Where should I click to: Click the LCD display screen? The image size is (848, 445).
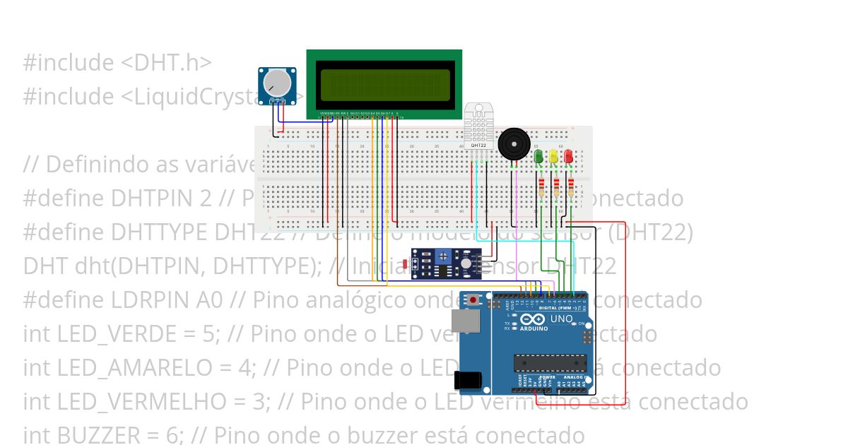point(384,85)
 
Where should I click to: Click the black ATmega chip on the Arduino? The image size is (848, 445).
point(550,362)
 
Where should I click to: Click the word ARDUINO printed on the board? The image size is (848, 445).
point(535,328)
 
